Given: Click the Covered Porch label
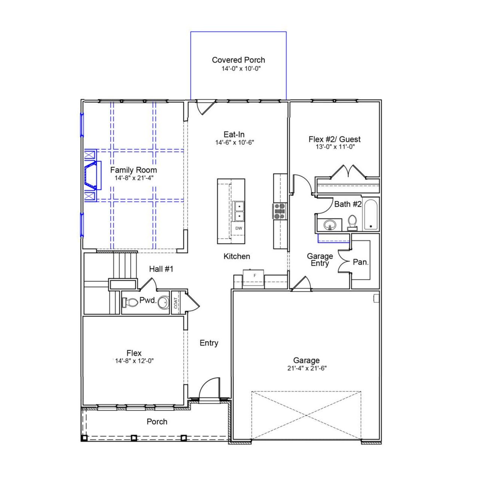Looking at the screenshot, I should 238,60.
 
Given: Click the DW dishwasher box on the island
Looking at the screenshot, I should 239,228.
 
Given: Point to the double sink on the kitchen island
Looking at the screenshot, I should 238,211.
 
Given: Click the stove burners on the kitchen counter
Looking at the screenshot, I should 280,211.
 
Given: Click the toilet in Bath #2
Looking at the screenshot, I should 352,222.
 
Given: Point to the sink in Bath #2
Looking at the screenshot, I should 330,225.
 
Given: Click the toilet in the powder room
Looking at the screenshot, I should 130,302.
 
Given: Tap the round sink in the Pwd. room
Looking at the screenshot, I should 163,302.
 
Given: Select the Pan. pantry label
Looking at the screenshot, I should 361,262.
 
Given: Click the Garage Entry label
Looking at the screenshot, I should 320,260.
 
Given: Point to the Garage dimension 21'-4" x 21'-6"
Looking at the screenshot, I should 307,368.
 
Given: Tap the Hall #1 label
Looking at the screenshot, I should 161,269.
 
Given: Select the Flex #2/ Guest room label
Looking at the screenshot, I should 335,139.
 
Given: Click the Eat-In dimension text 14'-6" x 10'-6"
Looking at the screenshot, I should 235,143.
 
